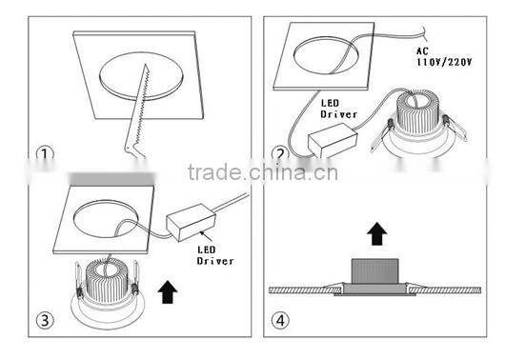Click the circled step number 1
pos(45,153)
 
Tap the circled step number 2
pos(280,153)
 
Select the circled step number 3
pos(45,320)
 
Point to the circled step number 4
pos(280,320)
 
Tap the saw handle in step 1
pos(134,149)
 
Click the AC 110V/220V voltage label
pos(444,56)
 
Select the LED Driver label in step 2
pos(338,109)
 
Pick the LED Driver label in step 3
pos(214,255)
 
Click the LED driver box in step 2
pos(333,140)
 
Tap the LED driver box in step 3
pos(191,222)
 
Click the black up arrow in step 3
pos(168,292)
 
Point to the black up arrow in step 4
pos(377,233)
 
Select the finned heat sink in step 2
pos(416,112)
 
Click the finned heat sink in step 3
pos(107,280)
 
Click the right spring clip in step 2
pos(454,128)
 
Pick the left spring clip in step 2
pos(382,134)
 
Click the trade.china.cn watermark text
pos(263,172)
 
